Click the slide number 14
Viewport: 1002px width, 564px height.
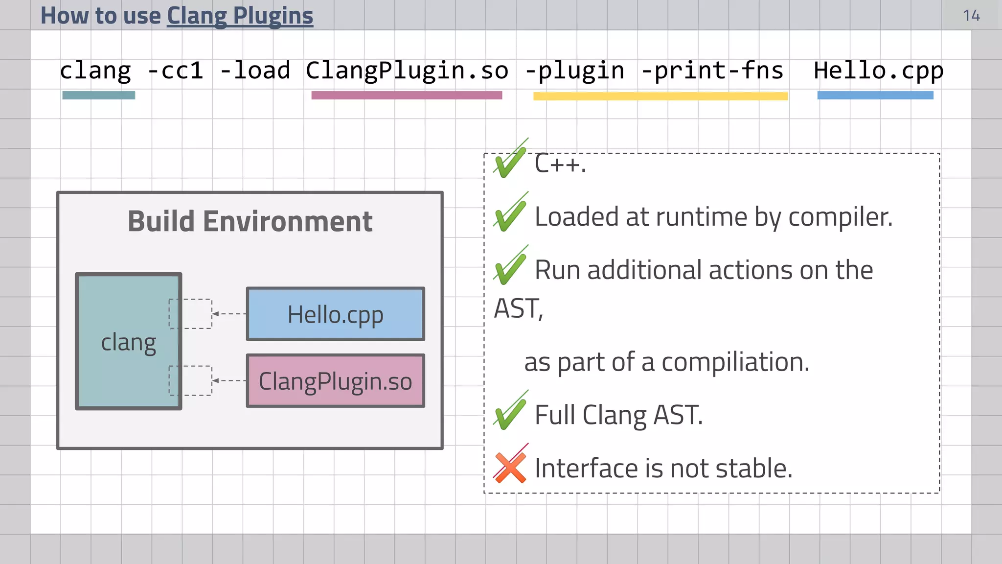971,16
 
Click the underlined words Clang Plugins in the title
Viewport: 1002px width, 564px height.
240,16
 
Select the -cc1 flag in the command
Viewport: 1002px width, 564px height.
175,70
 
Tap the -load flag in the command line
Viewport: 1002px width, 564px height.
255,70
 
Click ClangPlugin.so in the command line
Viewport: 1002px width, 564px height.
407,70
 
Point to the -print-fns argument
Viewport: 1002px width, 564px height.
712,70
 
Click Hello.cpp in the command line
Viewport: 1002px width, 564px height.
878,70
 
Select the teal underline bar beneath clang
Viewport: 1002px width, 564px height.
98,95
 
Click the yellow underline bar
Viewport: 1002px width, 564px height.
660,96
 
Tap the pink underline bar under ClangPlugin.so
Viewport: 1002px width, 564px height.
407,95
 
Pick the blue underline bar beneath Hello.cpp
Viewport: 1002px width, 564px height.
875,95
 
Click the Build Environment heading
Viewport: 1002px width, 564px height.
250,221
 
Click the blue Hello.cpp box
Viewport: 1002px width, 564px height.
335,314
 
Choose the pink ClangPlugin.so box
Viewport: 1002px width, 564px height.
335,381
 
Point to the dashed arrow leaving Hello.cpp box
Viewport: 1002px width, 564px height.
229,314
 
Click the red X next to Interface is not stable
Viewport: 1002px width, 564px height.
510,467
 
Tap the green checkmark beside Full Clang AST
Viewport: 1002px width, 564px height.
510,413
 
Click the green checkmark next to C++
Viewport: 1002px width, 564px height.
510,162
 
